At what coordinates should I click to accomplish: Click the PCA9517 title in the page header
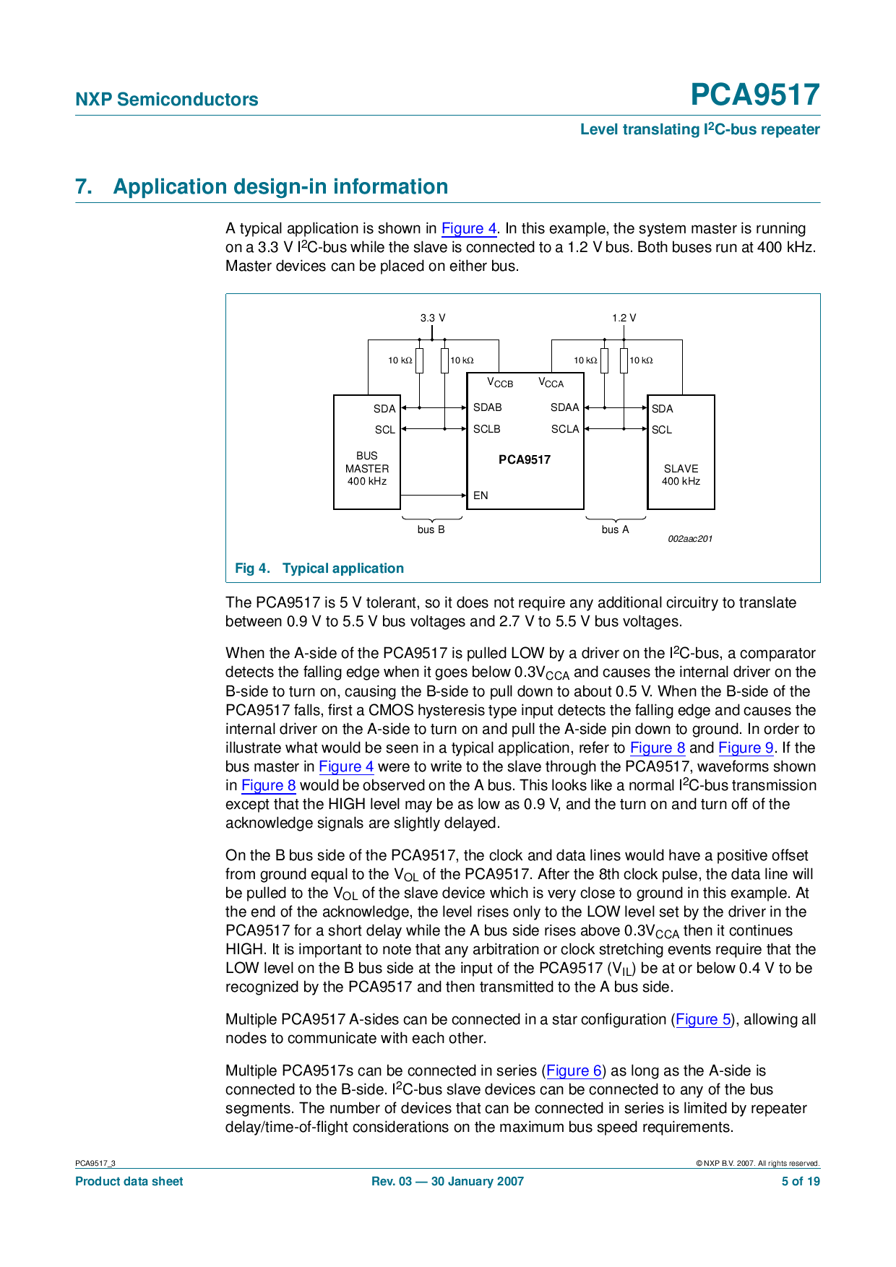[x=754, y=95]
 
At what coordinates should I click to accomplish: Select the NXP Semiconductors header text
[x=167, y=100]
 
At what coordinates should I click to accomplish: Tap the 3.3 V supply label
[x=433, y=318]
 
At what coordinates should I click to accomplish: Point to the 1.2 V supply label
[x=624, y=318]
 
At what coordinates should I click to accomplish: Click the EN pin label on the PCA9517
[x=481, y=496]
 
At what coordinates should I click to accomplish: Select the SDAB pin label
[x=487, y=407]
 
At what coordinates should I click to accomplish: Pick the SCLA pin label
[x=565, y=429]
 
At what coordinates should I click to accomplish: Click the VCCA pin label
[x=551, y=383]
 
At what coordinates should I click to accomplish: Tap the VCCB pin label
[x=500, y=383]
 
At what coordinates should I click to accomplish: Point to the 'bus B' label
[x=431, y=529]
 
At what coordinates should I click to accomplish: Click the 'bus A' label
[x=615, y=529]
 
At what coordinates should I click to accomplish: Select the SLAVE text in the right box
[x=681, y=469]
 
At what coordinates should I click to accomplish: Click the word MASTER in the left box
[x=367, y=469]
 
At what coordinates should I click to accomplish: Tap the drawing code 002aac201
[x=690, y=539]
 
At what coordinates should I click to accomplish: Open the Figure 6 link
[x=574, y=1071]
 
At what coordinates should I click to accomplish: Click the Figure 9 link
[x=746, y=748]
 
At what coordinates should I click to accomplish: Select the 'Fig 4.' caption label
[x=252, y=568]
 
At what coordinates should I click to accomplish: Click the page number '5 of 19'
[x=801, y=1181]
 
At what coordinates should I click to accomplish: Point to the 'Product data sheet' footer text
[x=129, y=1181]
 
